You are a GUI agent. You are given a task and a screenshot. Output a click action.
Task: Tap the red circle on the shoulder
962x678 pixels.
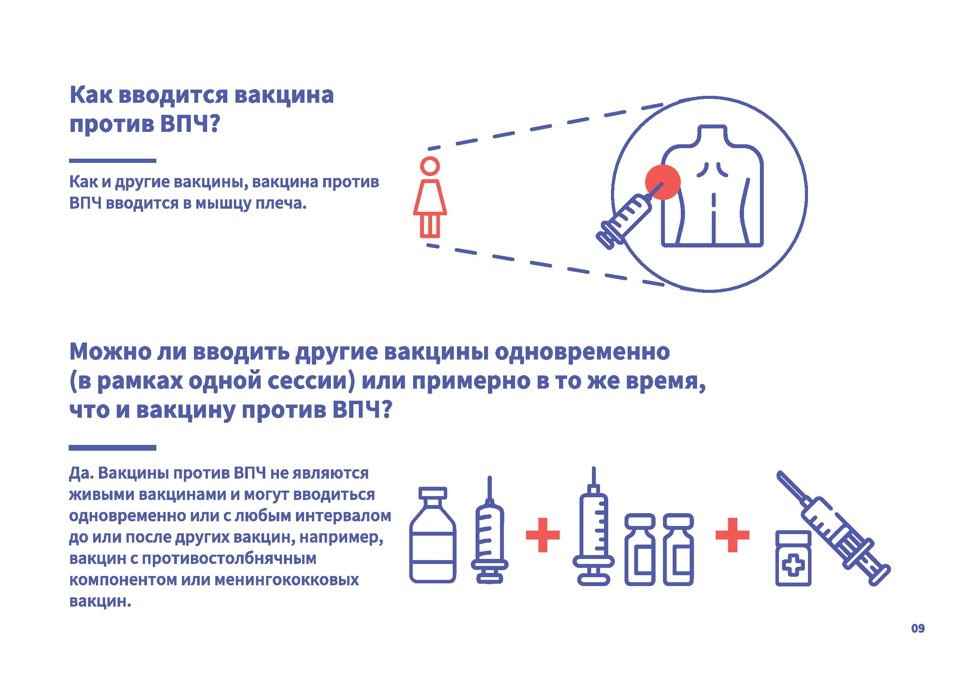pos(662,182)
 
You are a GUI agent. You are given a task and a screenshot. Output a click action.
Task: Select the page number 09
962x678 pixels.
pos(918,640)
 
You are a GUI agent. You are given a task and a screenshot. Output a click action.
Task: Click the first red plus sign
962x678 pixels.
pos(543,535)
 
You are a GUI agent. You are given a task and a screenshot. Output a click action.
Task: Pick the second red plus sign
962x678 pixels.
pos(732,535)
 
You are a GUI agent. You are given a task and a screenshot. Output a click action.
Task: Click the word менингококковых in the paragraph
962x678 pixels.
pos(287,580)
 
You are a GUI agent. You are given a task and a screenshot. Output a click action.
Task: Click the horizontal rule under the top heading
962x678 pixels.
pos(112,161)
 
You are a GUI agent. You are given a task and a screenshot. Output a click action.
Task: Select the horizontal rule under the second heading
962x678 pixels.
pos(112,448)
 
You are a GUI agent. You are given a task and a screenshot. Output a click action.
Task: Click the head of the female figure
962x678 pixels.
pos(430,166)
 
